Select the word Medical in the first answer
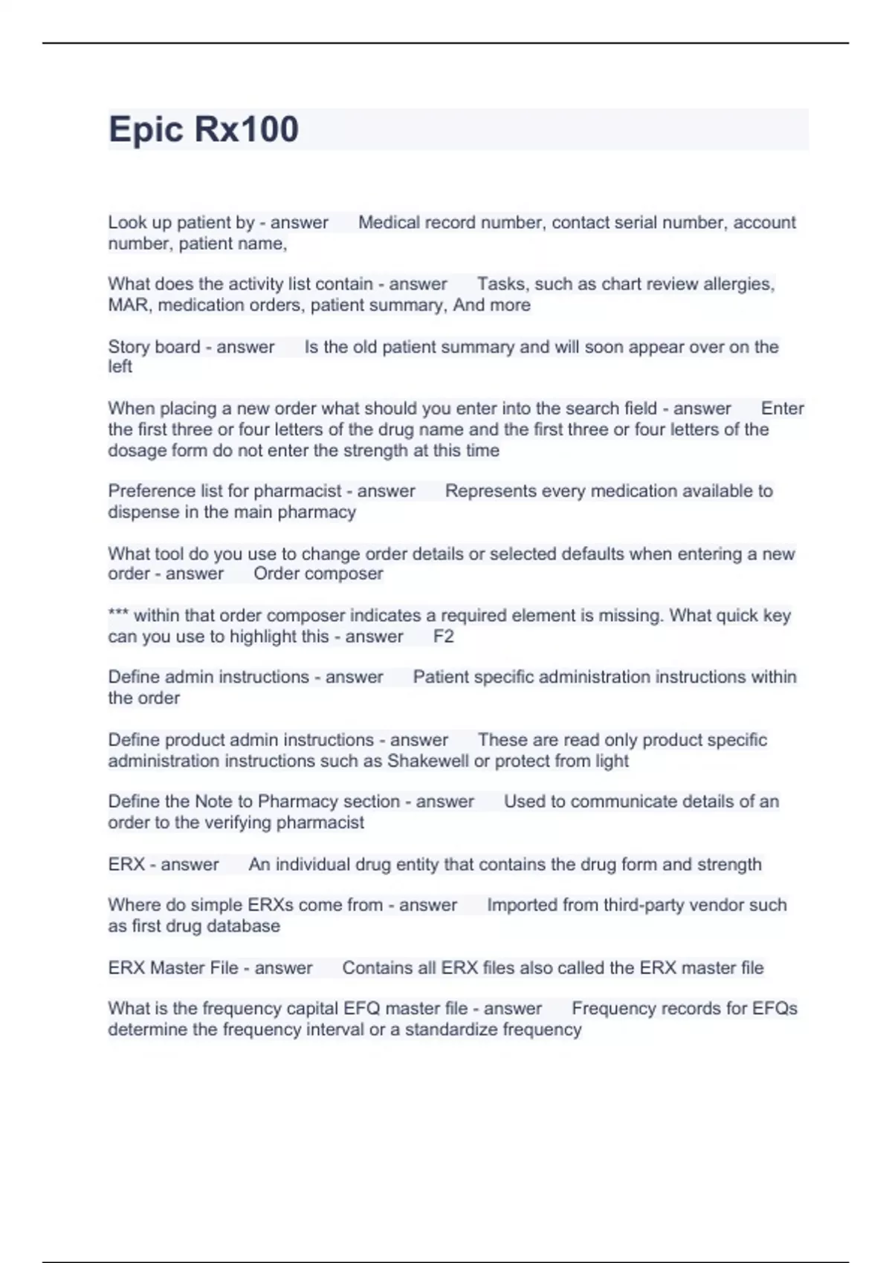pos(388,222)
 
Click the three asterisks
pos(118,614)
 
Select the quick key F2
pos(444,637)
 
